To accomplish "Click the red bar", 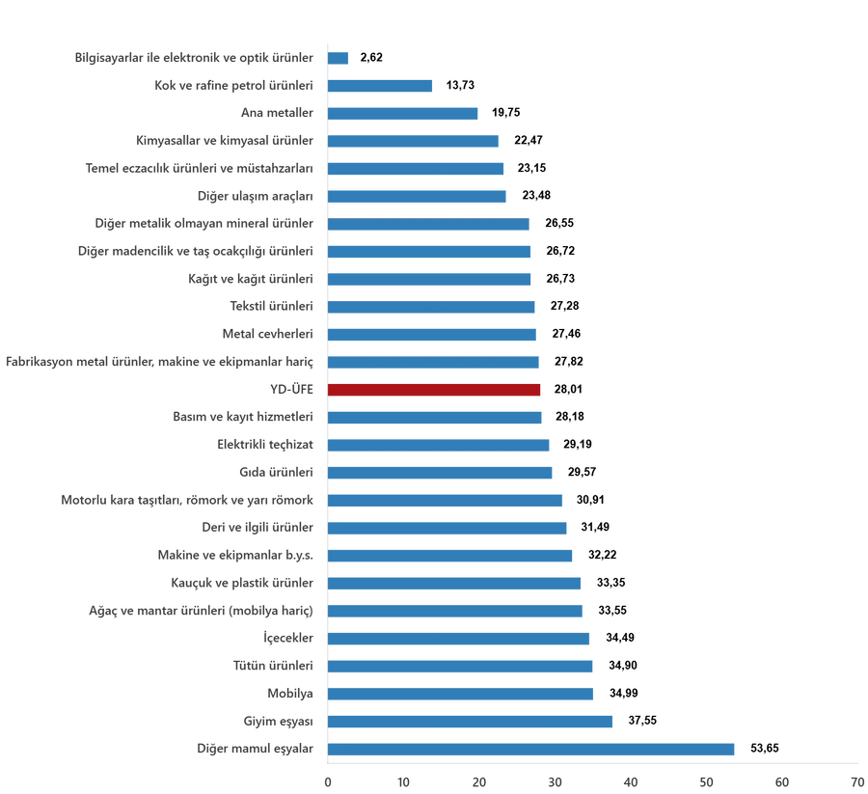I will click(x=435, y=390).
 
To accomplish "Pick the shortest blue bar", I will click(x=339, y=58).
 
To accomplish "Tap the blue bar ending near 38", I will click(x=472, y=722).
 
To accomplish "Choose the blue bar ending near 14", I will click(x=381, y=86).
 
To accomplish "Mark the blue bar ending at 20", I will click(x=404, y=114).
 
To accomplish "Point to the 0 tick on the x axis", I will click(x=328, y=779).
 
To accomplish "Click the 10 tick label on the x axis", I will click(x=403, y=779).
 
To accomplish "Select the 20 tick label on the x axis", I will click(x=479, y=779).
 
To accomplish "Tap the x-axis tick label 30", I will click(x=556, y=779).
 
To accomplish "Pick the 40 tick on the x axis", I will click(x=631, y=779).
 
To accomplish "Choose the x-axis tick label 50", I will click(x=707, y=779).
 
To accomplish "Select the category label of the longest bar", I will click(x=257, y=749).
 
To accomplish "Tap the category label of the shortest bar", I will click(x=194, y=58).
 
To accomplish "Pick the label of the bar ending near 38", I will click(x=279, y=722).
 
